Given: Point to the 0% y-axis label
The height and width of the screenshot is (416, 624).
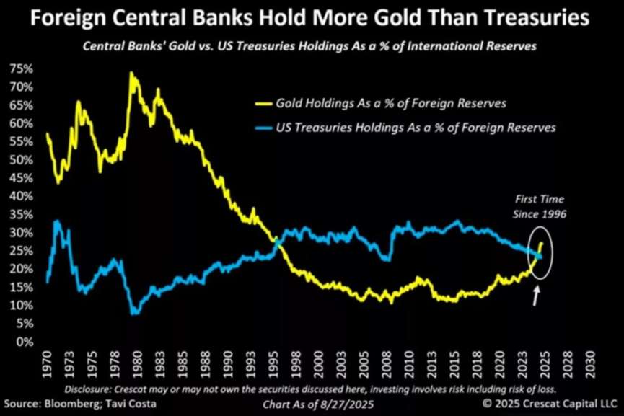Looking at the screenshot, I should (24, 342).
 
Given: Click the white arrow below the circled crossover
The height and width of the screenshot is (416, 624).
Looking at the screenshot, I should (537, 294).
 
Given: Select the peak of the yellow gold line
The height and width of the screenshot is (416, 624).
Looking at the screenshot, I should (131, 72).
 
